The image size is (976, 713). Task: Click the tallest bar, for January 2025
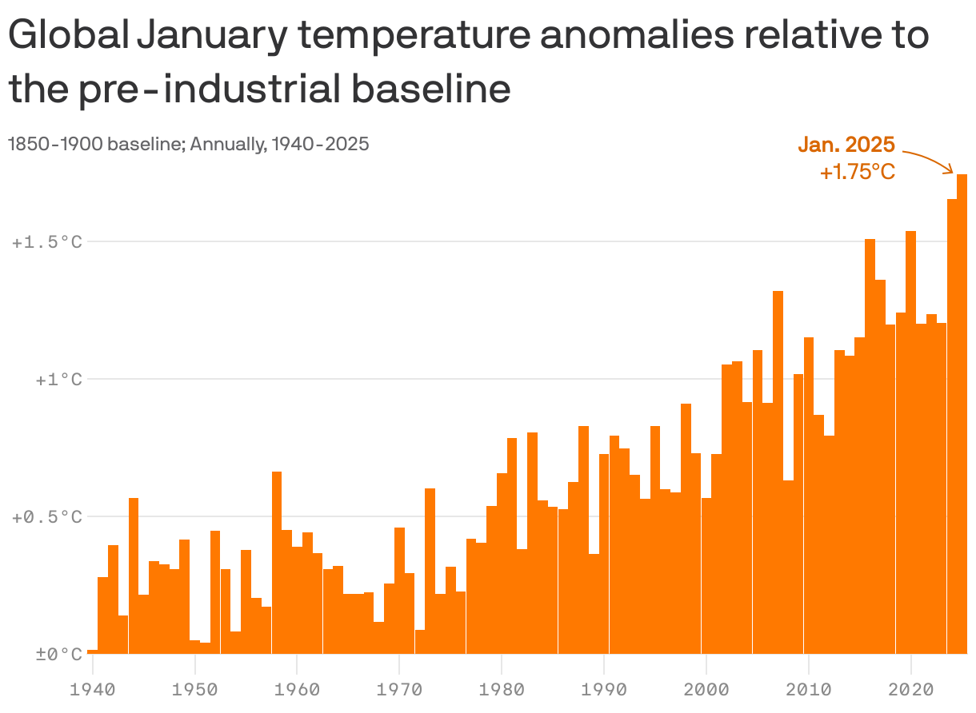coord(962,416)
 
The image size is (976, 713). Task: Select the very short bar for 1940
coord(93,651)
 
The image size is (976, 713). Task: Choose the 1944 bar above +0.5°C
coord(134,576)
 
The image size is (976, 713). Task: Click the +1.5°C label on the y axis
coord(47,242)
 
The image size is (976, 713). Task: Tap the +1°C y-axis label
coord(58,380)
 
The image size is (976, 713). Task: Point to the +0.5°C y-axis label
coord(47,517)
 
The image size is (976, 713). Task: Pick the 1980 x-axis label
coord(502,688)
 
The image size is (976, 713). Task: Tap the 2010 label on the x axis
coord(809,688)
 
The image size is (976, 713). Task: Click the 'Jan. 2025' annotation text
coord(846,145)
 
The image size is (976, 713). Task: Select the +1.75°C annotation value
coord(857,172)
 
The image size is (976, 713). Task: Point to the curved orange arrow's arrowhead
coord(950,169)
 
